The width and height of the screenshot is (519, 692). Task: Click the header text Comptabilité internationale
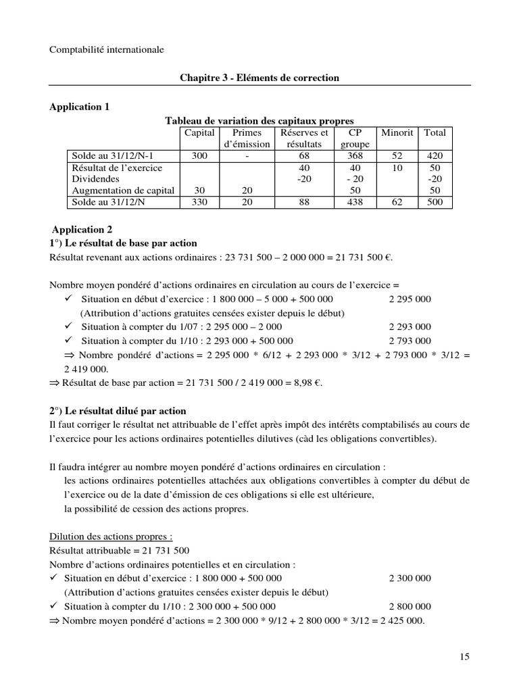[107, 49]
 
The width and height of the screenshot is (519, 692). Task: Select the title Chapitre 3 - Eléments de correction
[259, 78]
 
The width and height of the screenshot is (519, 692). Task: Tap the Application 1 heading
[79, 107]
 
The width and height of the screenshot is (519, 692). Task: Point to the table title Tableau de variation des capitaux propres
[260, 120]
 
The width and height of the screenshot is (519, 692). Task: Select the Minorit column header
[397, 132]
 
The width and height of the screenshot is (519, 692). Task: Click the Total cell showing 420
[435, 155]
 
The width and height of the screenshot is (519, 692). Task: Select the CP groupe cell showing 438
[350, 203]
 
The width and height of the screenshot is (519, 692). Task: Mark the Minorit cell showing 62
[397, 203]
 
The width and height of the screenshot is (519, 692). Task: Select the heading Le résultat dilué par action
[126, 411]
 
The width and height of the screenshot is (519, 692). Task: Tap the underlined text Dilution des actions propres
[111, 537]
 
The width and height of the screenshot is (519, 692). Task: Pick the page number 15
[464, 656]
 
